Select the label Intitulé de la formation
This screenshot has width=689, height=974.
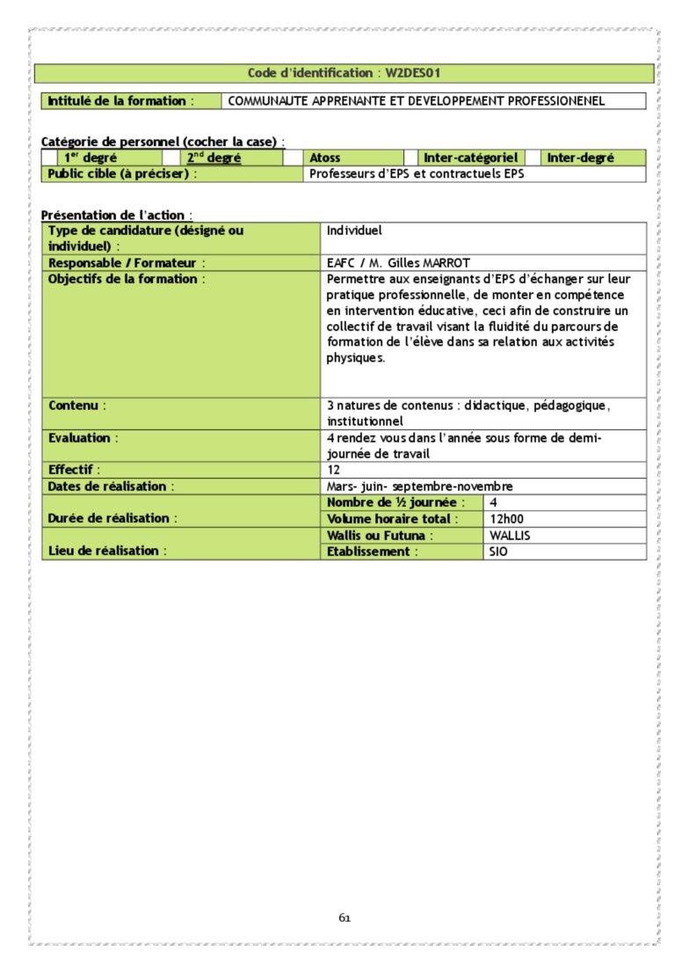117,101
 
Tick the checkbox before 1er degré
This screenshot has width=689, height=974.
49,158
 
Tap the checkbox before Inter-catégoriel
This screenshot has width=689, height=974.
410,158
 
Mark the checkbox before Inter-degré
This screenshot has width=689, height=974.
533,158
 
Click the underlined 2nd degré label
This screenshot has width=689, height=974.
214,158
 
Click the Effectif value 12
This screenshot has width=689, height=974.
334,470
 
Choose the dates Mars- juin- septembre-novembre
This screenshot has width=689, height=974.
419,486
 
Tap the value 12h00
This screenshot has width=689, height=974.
506,519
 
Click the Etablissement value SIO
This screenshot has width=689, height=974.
498,552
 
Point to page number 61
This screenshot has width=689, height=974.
344,918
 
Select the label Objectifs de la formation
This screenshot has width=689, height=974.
127,279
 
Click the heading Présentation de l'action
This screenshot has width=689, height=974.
116,215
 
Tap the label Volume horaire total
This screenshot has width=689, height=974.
392,519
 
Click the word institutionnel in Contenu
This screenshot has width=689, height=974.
365,421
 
